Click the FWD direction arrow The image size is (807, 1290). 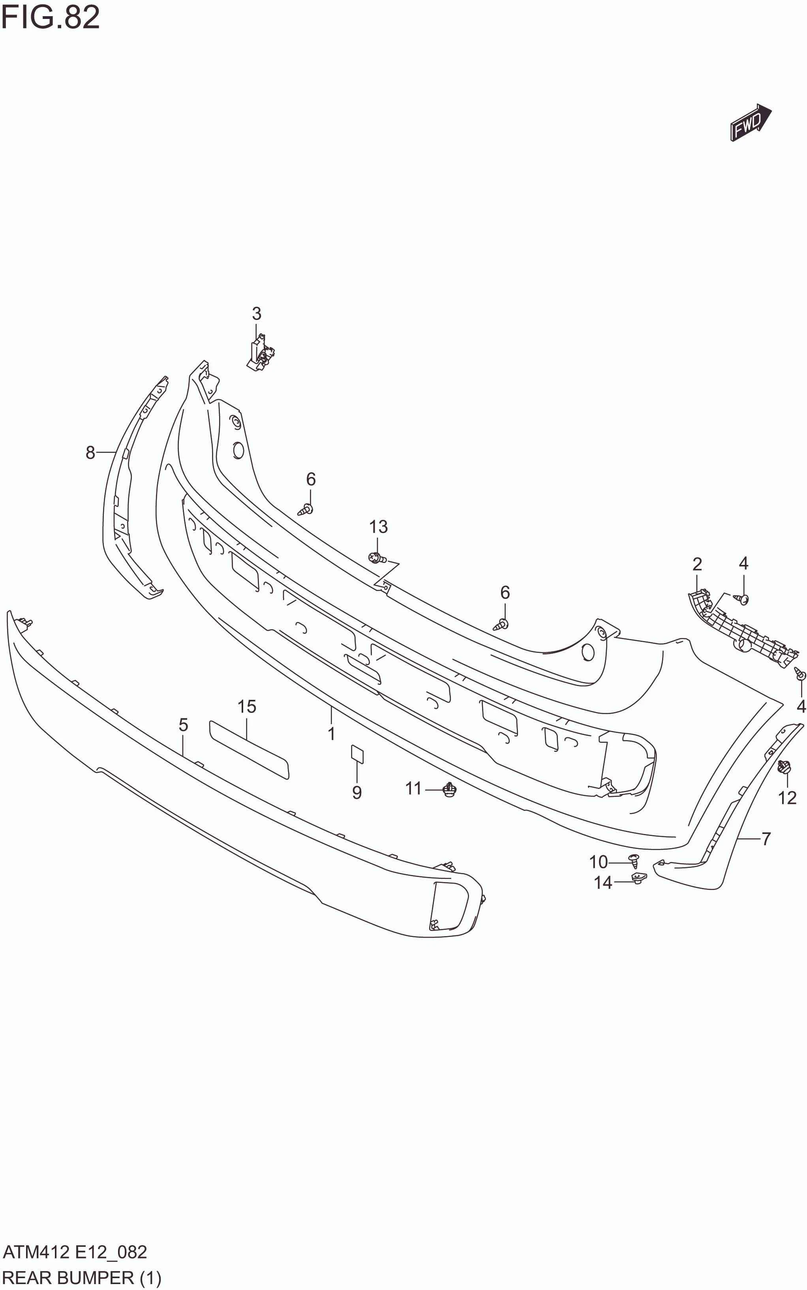(x=751, y=123)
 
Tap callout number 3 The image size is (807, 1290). (x=257, y=314)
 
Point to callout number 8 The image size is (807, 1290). (x=90, y=453)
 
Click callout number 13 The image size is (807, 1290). (x=378, y=527)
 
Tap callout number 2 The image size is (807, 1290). (x=697, y=564)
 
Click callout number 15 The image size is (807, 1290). (x=247, y=707)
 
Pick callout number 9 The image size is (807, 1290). (x=357, y=793)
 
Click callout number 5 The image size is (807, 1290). (x=183, y=725)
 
